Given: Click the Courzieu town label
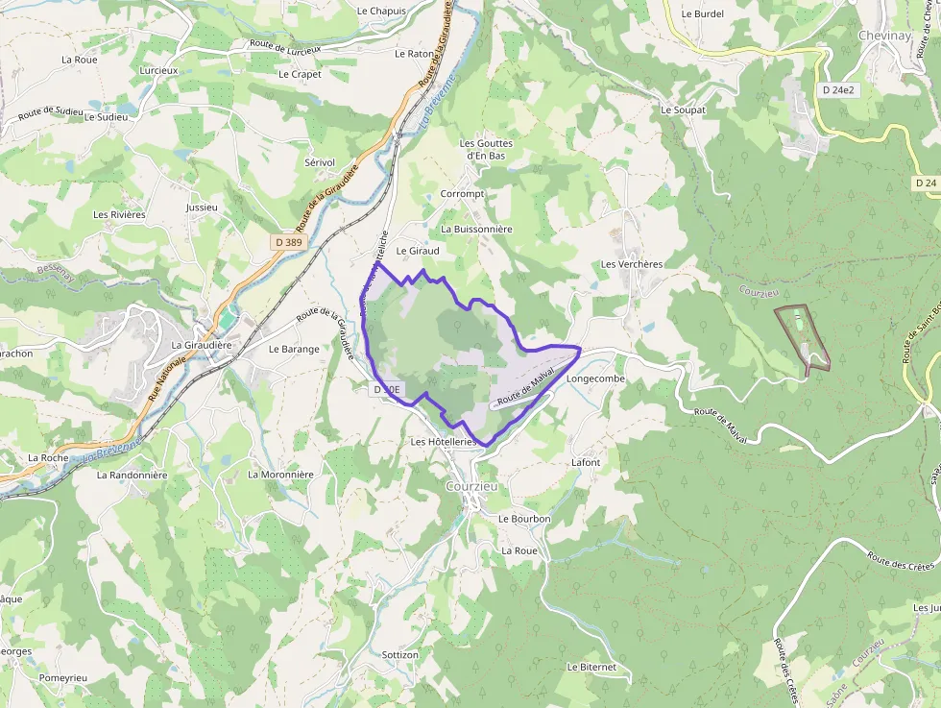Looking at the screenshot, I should [x=471, y=487].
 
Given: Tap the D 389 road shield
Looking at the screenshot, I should [x=288, y=244].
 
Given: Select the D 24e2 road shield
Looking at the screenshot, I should [x=838, y=89].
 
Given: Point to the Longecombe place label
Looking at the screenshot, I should [x=595, y=378].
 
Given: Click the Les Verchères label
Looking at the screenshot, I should [x=632, y=264].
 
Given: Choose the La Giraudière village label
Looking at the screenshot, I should [x=203, y=345].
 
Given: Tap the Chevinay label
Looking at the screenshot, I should [x=884, y=36].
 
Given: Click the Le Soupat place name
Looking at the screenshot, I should [x=683, y=110].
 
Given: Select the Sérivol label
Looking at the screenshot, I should [x=319, y=162].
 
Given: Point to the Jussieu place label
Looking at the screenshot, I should [x=203, y=207].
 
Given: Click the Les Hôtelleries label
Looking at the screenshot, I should [x=444, y=442].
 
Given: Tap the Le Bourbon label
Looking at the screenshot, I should [x=524, y=519].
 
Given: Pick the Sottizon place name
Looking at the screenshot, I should [x=399, y=655].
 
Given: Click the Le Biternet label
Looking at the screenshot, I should [x=591, y=667].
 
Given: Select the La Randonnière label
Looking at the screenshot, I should [x=125, y=475].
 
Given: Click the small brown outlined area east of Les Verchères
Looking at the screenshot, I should [x=804, y=337].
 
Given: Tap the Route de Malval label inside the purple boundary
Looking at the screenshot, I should [x=527, y=387].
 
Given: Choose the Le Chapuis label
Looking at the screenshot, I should [x=381, y=11].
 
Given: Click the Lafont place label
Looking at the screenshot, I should [x=586, y=462].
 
